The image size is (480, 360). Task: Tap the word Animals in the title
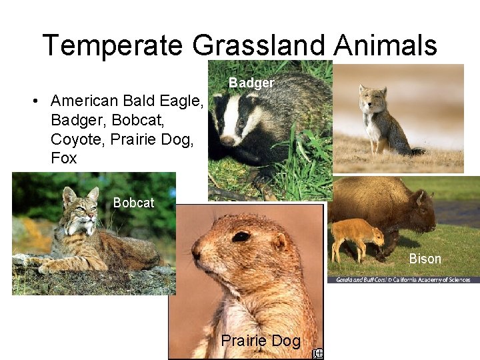(385, 45)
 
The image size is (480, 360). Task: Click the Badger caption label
(251, 83)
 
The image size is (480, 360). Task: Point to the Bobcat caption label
(133, 203)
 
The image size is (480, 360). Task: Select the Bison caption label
(425, 259)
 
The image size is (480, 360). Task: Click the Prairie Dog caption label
(261, 341)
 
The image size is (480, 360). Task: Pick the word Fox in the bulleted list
(63, 158)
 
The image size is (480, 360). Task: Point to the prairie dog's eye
(241, 236)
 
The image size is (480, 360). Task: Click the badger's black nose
(227, 141)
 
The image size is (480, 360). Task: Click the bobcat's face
(79, 210)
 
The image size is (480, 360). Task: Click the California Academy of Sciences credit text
(403, 280)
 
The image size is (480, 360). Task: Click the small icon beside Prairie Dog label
(319, 354)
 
